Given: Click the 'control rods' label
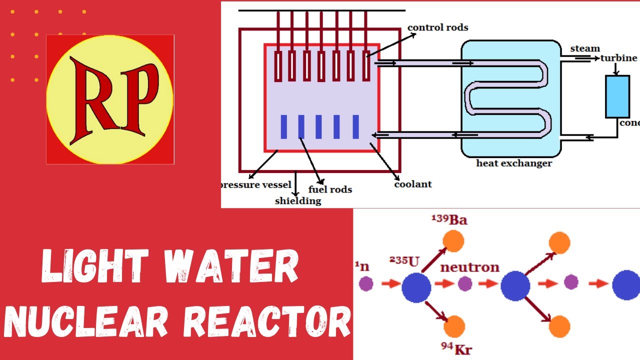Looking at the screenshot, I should pos(437,27).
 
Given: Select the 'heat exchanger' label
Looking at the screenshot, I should pos(514,163).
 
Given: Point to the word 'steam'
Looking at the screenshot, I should pos(585,48).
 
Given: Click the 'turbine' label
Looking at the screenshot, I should pos(619,58).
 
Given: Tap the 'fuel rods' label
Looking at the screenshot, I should pos(330,189).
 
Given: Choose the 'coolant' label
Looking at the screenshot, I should pos(413,184).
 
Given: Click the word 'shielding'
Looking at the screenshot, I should pos(298,201).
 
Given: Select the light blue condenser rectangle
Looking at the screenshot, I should pos(617,96).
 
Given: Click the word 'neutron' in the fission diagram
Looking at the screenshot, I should pos(469,267).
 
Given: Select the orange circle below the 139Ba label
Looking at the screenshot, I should pos(454,241).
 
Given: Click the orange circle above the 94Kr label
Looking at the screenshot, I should pos(454,326).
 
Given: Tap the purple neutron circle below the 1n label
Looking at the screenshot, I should pos(366,284).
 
